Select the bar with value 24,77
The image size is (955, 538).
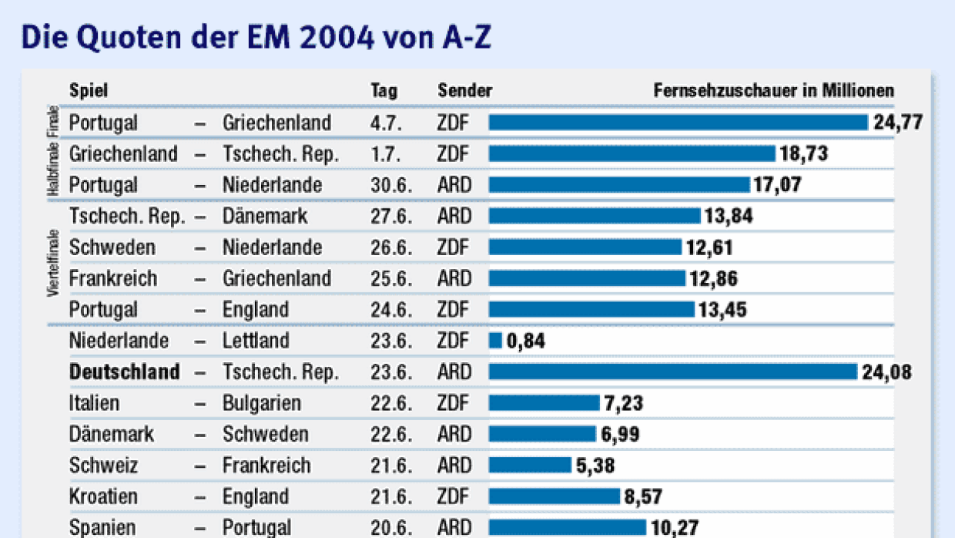[678, 123]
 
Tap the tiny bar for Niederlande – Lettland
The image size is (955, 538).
[495, 340]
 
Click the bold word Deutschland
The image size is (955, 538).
[124, 372]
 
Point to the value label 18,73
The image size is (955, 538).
[803, 154]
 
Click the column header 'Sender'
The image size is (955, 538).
[464, 91]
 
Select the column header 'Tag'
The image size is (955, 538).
[384, 91]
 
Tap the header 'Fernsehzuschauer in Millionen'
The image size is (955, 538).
[774, 91]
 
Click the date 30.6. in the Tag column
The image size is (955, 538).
[387, 185]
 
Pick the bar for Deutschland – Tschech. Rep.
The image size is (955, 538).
[672, 372]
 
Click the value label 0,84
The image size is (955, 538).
[526, 341]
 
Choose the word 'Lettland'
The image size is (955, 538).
[256, 341]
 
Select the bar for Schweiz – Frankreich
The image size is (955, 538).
[530, 466]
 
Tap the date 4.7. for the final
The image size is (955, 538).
[384, 123]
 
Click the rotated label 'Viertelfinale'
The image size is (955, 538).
[53, 263]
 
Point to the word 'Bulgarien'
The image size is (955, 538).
[262, 403]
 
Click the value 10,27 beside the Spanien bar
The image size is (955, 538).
[674, 528]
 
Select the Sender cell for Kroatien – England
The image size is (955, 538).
[453, 496]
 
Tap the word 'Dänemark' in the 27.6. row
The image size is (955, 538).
[265, 217]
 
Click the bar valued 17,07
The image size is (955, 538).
[618, 185]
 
